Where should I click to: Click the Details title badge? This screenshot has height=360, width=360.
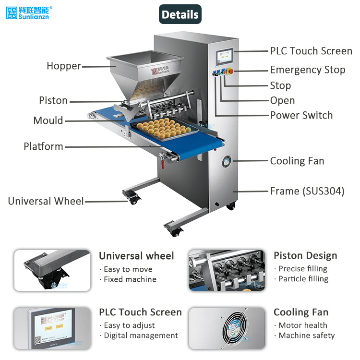pyautogui.click(x=180, y=14)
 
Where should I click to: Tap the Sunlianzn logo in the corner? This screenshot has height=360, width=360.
pyautogui.click(x=29, y=12)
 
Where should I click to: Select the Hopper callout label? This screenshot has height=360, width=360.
pyautogui.click(x=64, y=66)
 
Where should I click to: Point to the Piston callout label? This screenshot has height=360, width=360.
pyautogui.click(x=53, y=100)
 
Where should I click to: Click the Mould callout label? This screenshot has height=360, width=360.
pyautogui.click(x=48, y=120)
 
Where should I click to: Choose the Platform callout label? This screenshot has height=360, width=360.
pyautogui.click(x=43, y=146)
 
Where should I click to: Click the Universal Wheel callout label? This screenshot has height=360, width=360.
pyautogui.click(x=46, y=201)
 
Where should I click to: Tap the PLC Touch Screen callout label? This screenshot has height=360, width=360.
pyautogui.click(x=311, y=51)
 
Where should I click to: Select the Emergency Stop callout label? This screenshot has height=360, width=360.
pyautogui.click(x=308, y=70)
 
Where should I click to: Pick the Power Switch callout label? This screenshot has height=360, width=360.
pyautogui.click(x=301, y=115)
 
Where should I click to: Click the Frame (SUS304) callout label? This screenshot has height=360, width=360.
pyautogui.click(x=307, y=191)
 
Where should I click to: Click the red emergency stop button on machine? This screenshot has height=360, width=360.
pyautogui.click(x=230, y=72)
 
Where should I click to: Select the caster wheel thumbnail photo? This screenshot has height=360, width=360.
pyautogui.click(x=52, y=270)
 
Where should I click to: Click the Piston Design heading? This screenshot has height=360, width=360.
pyautogui.click(x=305, y=255)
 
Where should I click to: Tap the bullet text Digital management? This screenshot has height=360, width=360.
pyautogui.click(x=141, y=336)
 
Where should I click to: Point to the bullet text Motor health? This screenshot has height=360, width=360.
pyautogui.click(x=303, y=325)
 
